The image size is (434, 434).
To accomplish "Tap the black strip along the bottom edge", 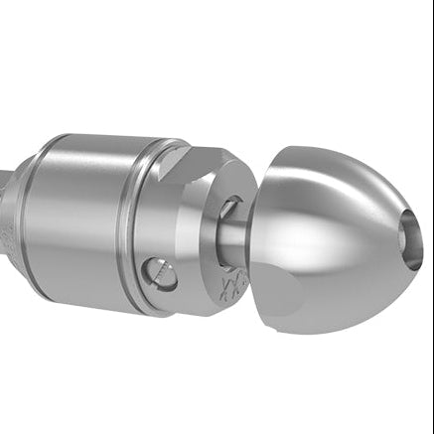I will pyautogui.click(x=217, y=429).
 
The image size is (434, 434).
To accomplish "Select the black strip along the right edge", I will pyautogui.click(x=429, y=217).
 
